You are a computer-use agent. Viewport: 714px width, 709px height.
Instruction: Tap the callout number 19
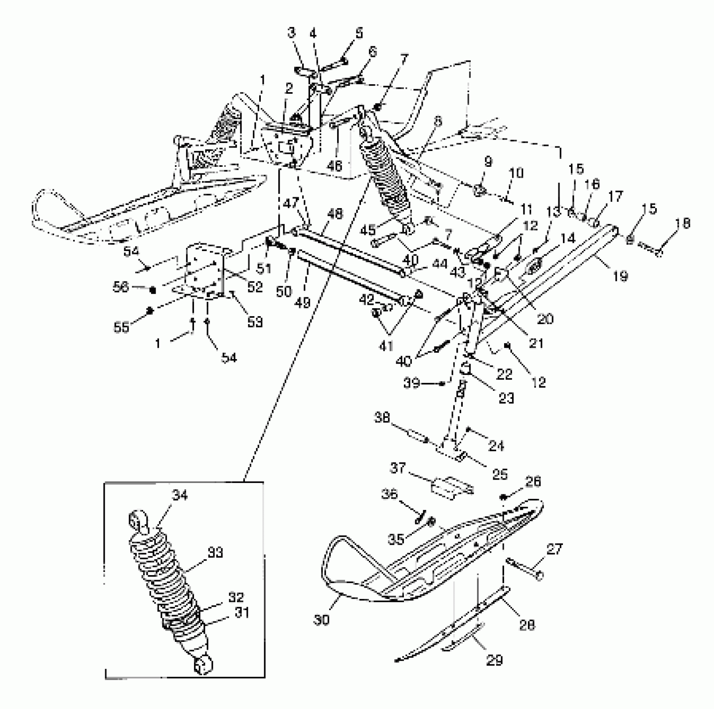pyautogui.click(x=620, y=275)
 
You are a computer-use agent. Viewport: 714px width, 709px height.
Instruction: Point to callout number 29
pyautogui.click(x=494, y=660)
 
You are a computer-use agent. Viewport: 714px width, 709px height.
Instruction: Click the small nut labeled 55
pyautogui.click(x=151, y=311)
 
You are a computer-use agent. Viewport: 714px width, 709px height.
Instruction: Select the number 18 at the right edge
pyautogui.click(x=683, y=224)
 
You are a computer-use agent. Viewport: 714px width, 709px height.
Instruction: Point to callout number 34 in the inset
pyautogui.click(x=180, y=495)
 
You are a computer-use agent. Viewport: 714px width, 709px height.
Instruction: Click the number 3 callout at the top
pyautogui.click(x=291, y=33)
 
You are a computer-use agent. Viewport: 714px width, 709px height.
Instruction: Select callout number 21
pyautogui.click(x=537, y=343)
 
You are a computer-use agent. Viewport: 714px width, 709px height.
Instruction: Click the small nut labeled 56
pyautogui.click(x=153, y=289)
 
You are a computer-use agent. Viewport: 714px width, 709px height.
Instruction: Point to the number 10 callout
pyautogui.click(x=516, y=173)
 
